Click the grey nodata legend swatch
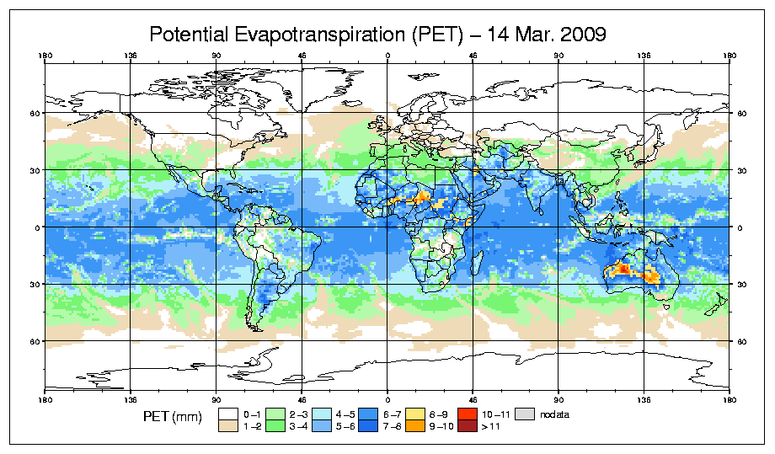(x=525, y=414)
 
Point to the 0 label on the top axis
(x=387, y=57)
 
